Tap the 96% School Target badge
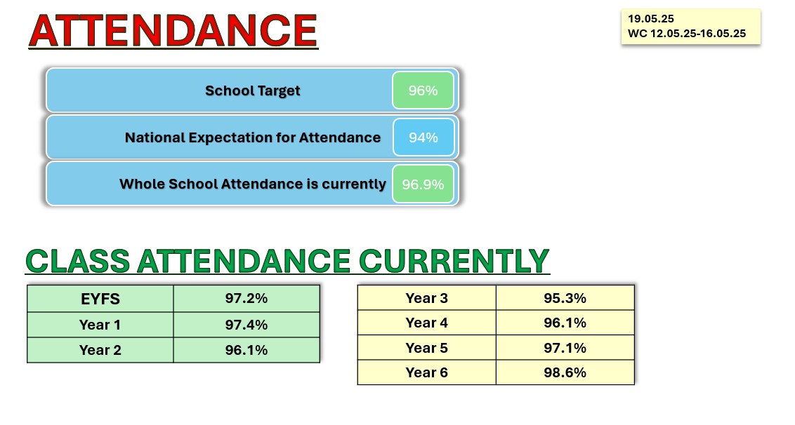click(423, 90)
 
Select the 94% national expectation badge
click(423, 137)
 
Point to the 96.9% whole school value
click(423, 184)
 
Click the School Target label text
click(253, 90)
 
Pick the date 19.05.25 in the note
click(651, 19)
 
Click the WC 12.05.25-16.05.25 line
click(687, 34)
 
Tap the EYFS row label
click(100, 299)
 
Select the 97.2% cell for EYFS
click(247, 298)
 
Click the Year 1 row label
click(100, 325)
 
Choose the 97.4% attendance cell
click(247, 325)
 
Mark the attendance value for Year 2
click(247, 350)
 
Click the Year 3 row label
click(427, 298)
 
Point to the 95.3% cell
click(565, 298)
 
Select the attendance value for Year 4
click(565, 323)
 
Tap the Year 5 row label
click(427, 347)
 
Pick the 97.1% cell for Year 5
click(565, 347)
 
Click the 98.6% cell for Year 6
click(565, 372)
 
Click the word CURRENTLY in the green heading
click(454, 261)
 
